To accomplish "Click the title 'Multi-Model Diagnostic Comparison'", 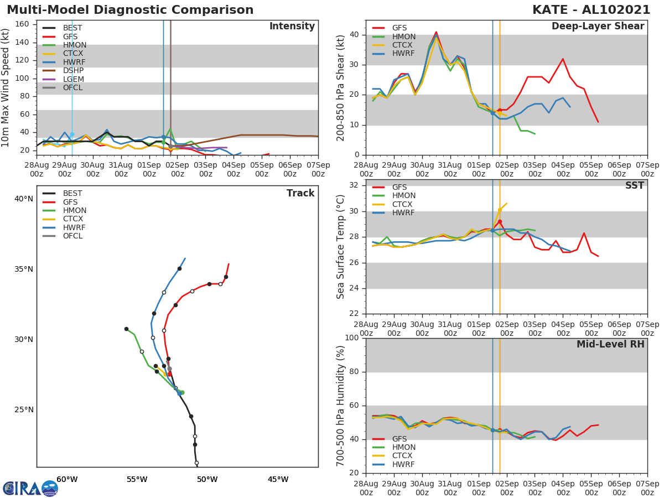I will pos(130,10).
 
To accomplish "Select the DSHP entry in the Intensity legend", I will pos(73,71).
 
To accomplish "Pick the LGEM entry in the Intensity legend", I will pos(73,79).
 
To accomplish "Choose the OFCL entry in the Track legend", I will pos(73,236).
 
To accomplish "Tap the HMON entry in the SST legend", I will pos(403,196).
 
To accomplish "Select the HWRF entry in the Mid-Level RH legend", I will pos(403,465).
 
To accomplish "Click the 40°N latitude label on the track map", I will pos(23,199).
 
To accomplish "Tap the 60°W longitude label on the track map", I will pos(67,480).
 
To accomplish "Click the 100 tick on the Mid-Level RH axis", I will pos(351,338).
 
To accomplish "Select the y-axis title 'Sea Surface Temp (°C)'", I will pos(341,247).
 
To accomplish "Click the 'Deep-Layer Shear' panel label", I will pos(598,27).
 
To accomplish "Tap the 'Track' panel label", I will pos(300,194).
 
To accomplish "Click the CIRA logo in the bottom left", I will pos(30,488).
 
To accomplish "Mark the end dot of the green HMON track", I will pos(126,329).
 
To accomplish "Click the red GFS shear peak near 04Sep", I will pos(563,59).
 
